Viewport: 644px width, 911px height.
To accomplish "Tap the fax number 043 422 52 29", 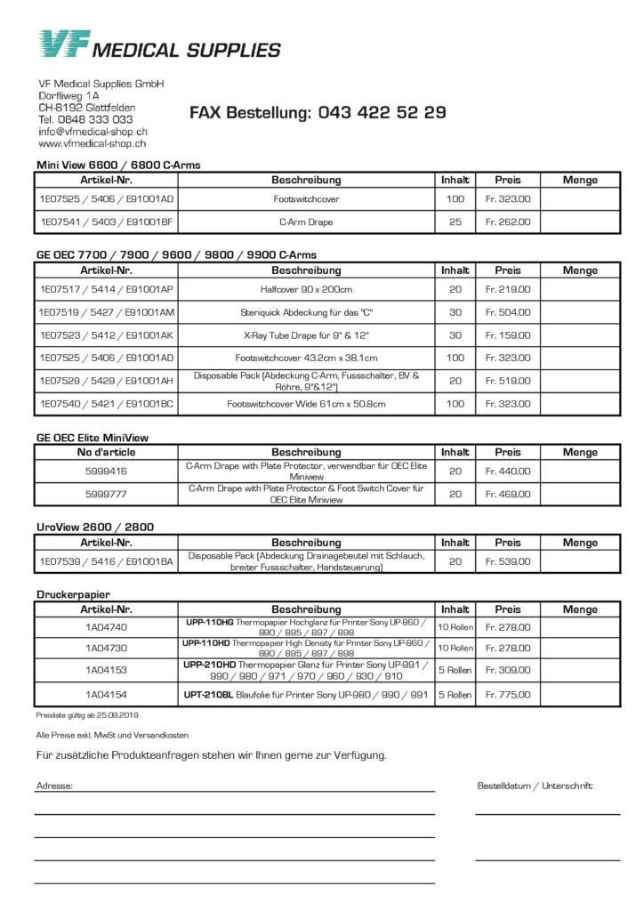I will pyautogui.click(x=382, y=113).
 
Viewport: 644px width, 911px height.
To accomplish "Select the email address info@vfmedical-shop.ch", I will pyautogui.click(x=93, y=131).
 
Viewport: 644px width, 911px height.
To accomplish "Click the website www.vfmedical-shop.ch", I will pyautogui.click(x=93, y=143).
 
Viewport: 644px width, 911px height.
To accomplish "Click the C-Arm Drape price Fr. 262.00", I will pyautogui.click(x=508, y=222).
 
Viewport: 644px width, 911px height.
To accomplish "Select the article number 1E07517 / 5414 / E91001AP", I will pyautogui.click(x=107, y=289).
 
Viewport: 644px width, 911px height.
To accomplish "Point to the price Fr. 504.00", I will pyautogui.click(x=508, y=312).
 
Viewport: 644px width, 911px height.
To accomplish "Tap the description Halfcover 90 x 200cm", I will pyautogui.click(x=306, y=289).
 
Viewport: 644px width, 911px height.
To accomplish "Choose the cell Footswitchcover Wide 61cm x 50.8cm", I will pyautogui.click(x=306, y=404).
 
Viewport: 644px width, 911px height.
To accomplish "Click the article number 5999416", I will pyautogui.click(x=107, y=471).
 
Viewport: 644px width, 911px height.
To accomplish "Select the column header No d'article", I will pyautogui.click(x=107, y=452).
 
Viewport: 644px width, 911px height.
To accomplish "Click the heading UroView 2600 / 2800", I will pyautogui.click(x=95, y=527).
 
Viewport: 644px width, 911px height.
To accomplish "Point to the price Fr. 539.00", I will pyautogui.click(x=508, y=561).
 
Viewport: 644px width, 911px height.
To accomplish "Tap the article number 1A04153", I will pyautogui.click(x=107, y=670).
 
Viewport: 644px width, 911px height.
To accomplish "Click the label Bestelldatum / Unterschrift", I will pyautogui.click(x=535, y=786).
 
